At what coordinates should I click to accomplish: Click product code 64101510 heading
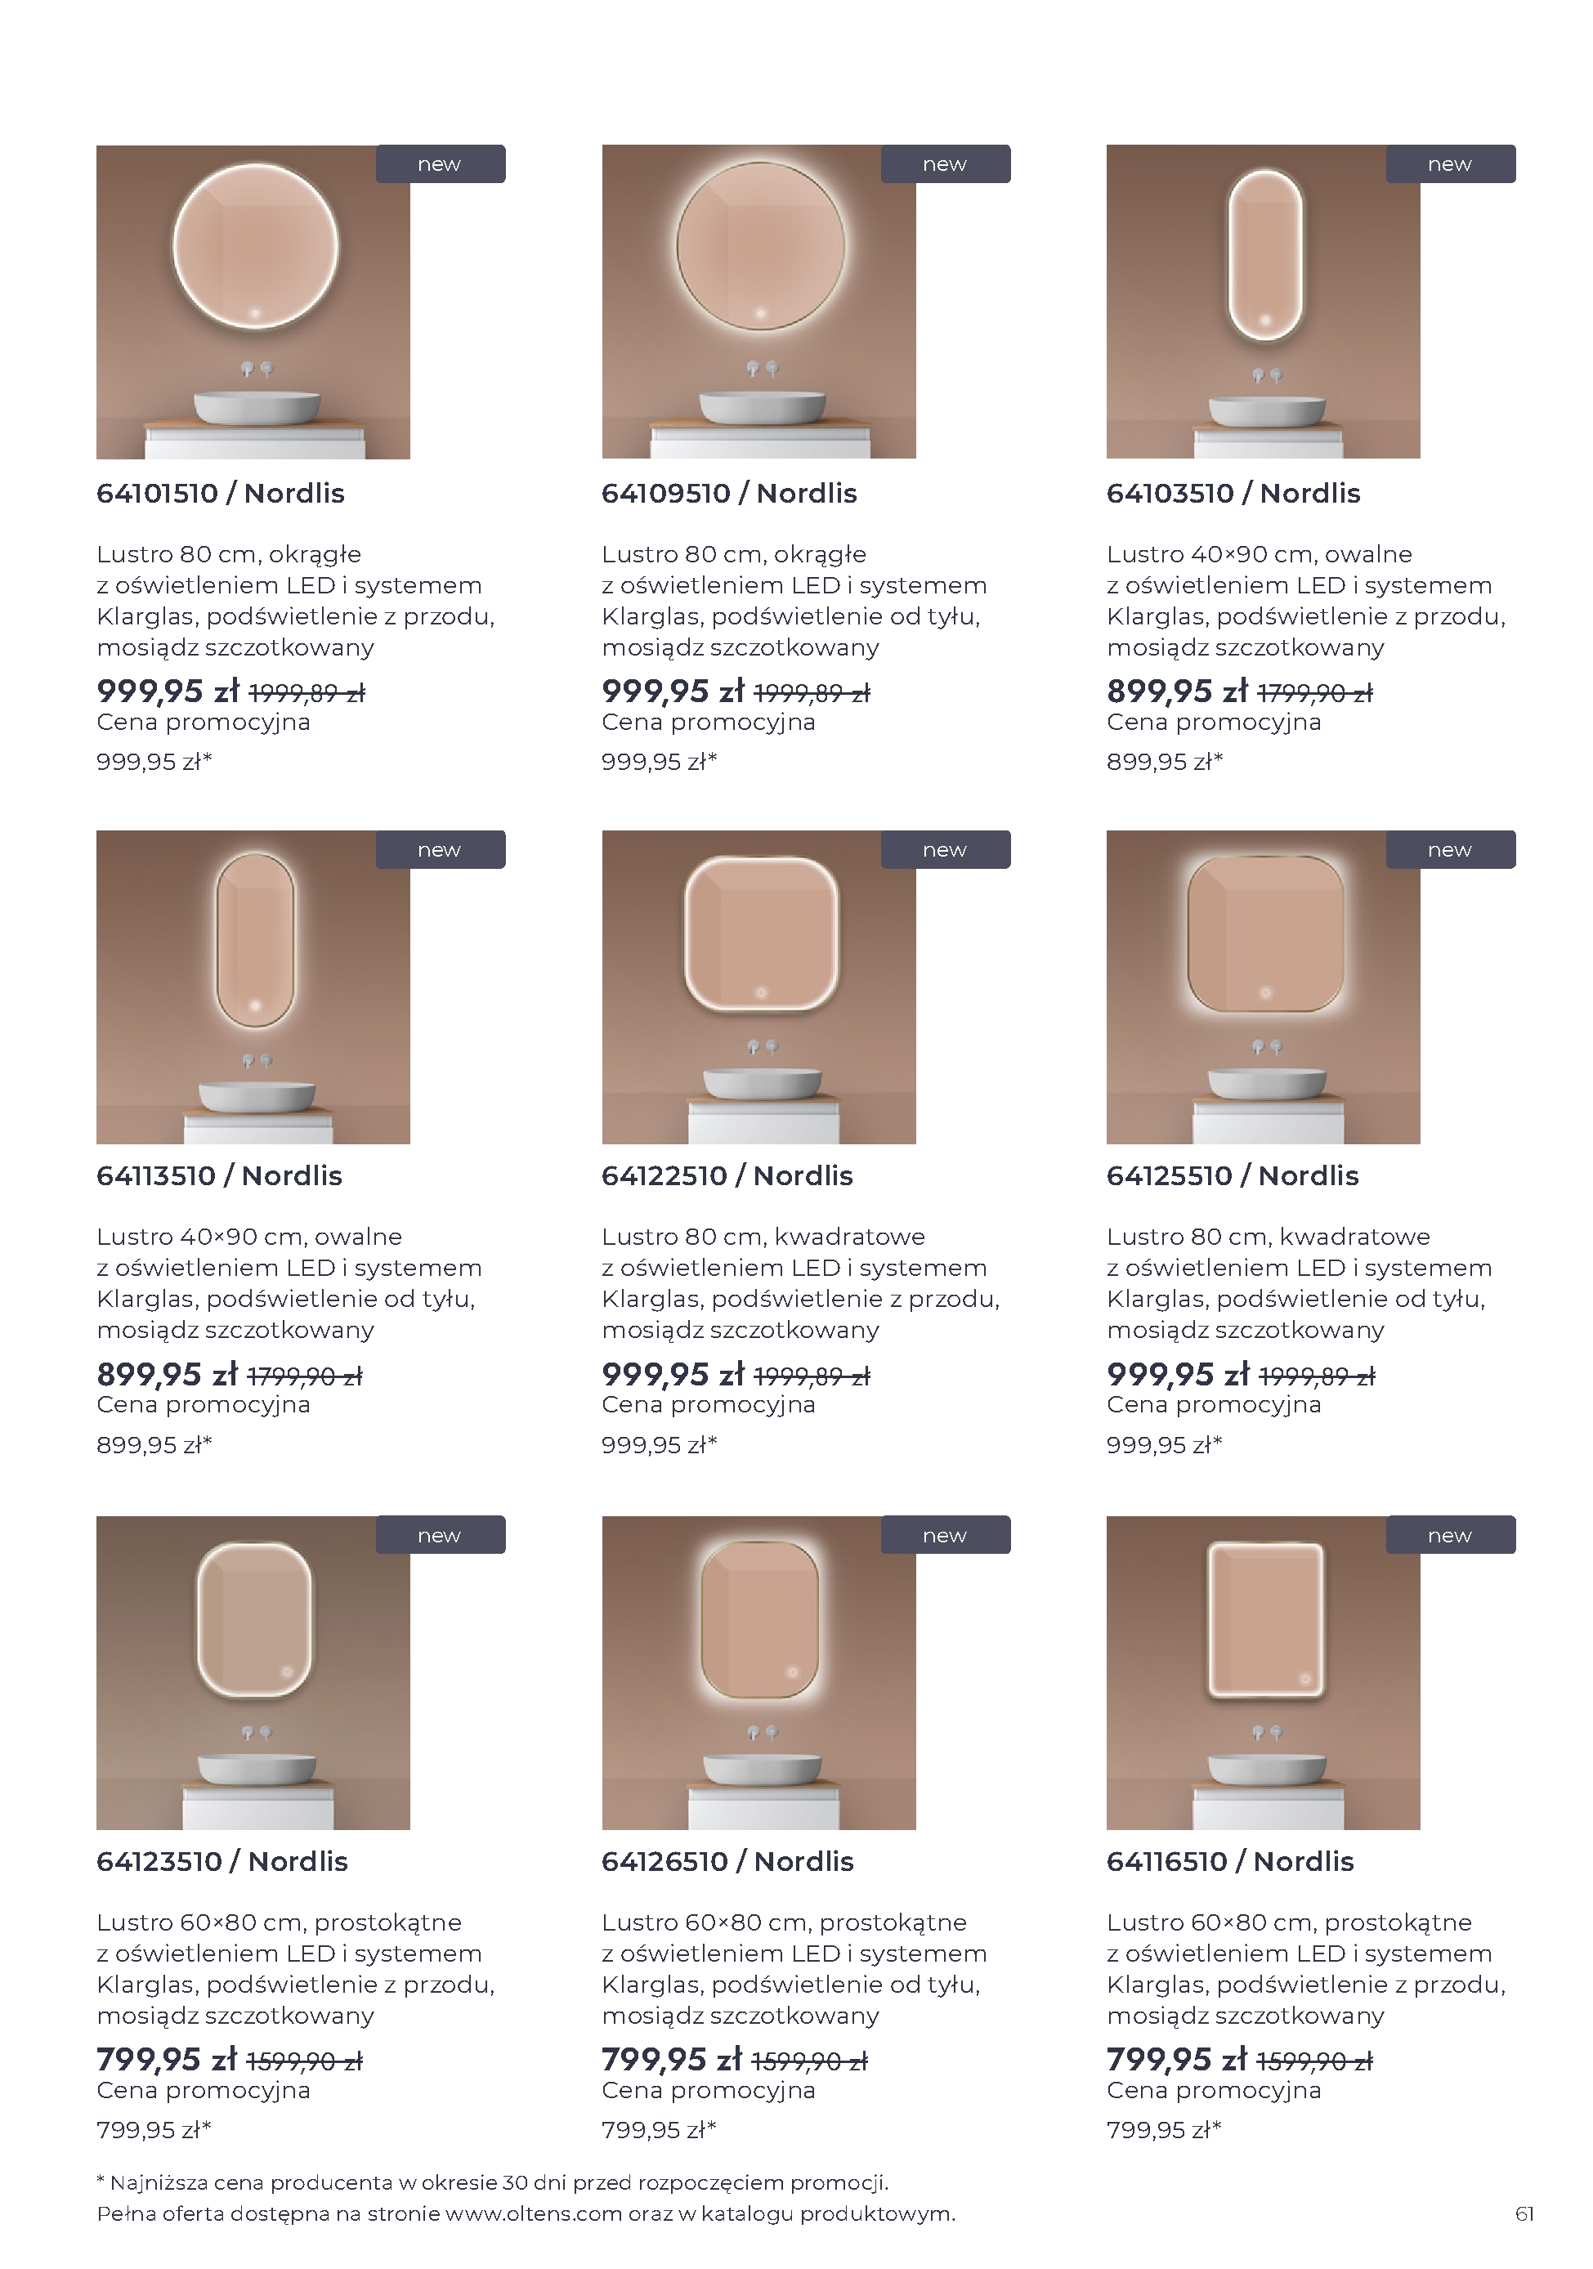pyautogui.click(x=157, y=493)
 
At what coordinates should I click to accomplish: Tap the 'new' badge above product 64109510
pyautogui.click(x=945, y=164)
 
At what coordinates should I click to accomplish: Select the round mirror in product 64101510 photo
pyautogui.click(x=255, y=246)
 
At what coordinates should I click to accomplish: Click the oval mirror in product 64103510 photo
pyautogui.click(x=1265, y=255)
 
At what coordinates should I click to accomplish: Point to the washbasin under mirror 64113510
pyautogui.click(x=257, y=1096)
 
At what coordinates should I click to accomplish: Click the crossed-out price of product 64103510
pyautogui.click(x=1314, y=693)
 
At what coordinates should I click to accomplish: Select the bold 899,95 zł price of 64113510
pyautogui.click(x=167, y=1374)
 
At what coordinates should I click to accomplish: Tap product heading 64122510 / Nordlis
pyautogui.click(x=727, y=1175)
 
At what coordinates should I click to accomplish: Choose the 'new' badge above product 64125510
pyautogui.click(x=1450, y=850)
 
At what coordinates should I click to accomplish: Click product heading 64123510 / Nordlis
pyautogui.click(x=221, y=1861)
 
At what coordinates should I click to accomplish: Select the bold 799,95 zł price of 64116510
pyautogui.click(x=1177, y=2060)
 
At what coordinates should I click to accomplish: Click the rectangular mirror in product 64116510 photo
pyautogui.click(x=1265, y=1621)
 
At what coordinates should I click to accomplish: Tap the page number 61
pyautogui.click(x=1524, y=2213)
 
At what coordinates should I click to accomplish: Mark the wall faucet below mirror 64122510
pyautogui.click(x=762, y=1046)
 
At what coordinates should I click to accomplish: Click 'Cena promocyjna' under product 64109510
pyautogui.click(x=709, y=723)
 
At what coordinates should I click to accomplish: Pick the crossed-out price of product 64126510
pyautogui.click(x=809, y=2061)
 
